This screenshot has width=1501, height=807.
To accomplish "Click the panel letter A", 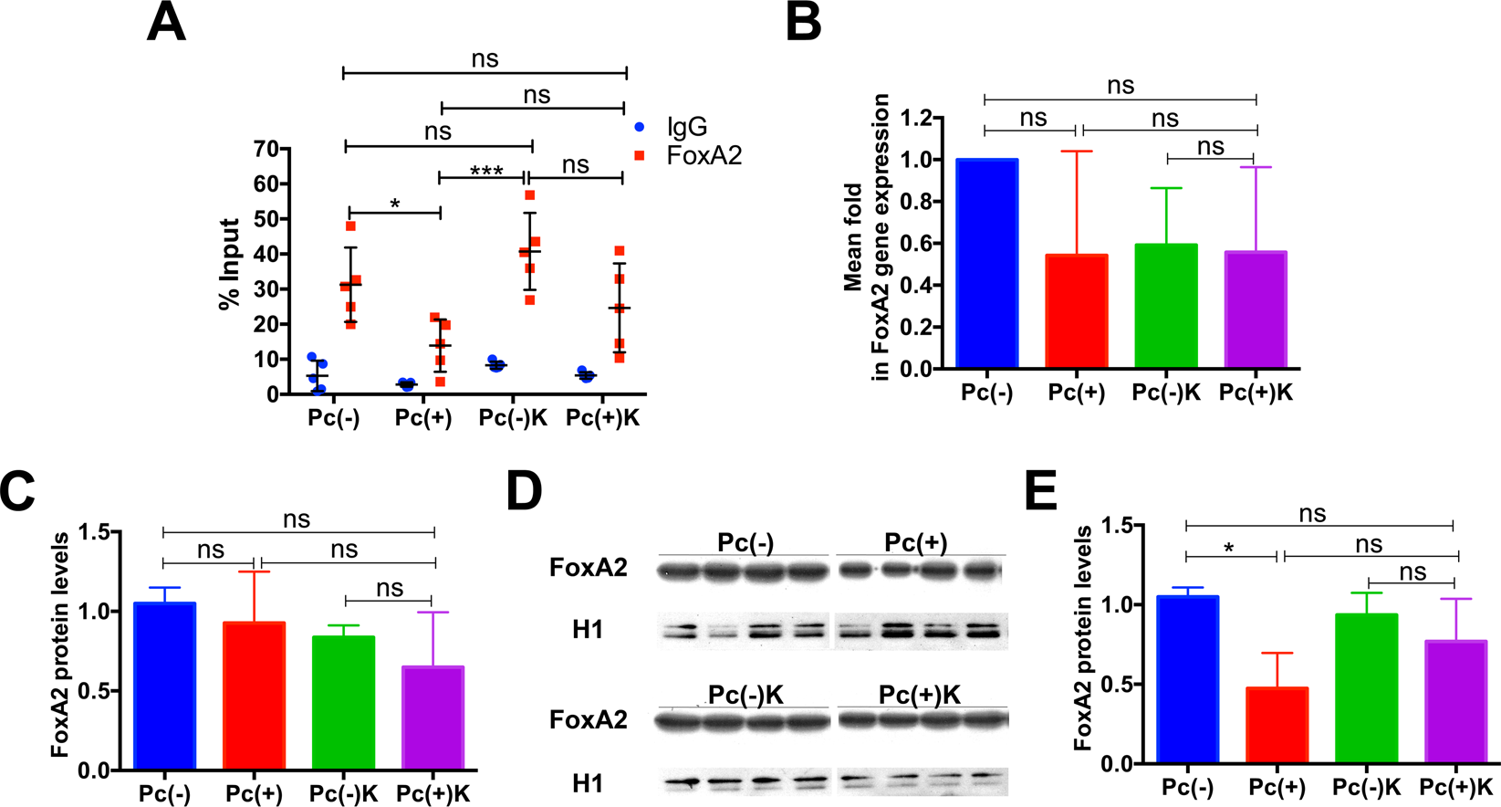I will point(166,23).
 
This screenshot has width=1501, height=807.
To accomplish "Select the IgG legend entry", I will point(686,127).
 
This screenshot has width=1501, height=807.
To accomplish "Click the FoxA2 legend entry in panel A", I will point(704,155).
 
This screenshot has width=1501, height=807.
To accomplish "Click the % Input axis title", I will point(229,264).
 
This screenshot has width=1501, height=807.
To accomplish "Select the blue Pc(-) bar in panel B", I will point(986,265).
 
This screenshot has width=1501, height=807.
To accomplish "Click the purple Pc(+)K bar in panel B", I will point(1256,310).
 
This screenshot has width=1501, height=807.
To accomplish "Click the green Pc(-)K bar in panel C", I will point(343,703).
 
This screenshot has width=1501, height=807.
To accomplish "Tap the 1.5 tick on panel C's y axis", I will point(94,531).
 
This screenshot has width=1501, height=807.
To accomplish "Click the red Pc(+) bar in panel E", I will point(1277,725).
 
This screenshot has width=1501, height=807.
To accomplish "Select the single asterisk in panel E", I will point(1229,548).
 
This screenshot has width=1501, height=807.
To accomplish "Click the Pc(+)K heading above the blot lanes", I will point(920,695).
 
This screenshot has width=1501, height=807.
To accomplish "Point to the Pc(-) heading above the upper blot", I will point(745,542).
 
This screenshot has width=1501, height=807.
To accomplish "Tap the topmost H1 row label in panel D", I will point(587,631).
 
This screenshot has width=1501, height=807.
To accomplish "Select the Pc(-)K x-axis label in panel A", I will point(513,418).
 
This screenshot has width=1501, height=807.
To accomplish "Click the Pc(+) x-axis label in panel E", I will point(1277,787).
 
